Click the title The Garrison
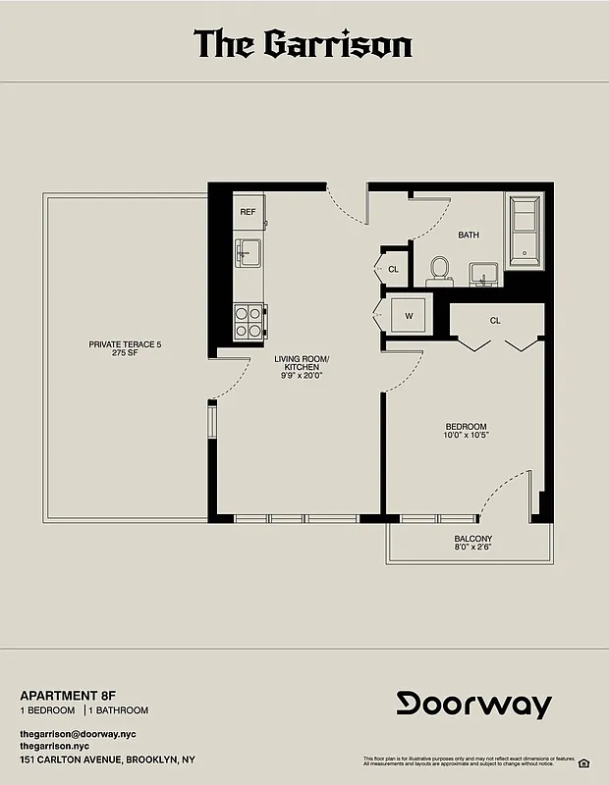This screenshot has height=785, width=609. pos(303,44)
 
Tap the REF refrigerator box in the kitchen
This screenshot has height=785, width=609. pos(248,211)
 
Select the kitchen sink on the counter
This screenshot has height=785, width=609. pos(248,253)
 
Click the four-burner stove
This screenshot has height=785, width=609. pos(249,320)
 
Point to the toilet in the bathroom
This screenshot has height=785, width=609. pos(439,268)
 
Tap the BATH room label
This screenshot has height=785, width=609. pos(469,235)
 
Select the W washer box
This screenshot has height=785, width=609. pos(408,316)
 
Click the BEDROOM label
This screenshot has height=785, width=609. pos(467,426)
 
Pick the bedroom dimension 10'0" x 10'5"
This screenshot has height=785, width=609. pos(467,435)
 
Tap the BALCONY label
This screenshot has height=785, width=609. pos(473,539)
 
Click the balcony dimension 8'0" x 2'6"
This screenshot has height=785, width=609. pos(473,549)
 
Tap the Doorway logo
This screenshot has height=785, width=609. pos(474,704)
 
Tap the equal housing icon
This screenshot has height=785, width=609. pos(583,762)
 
